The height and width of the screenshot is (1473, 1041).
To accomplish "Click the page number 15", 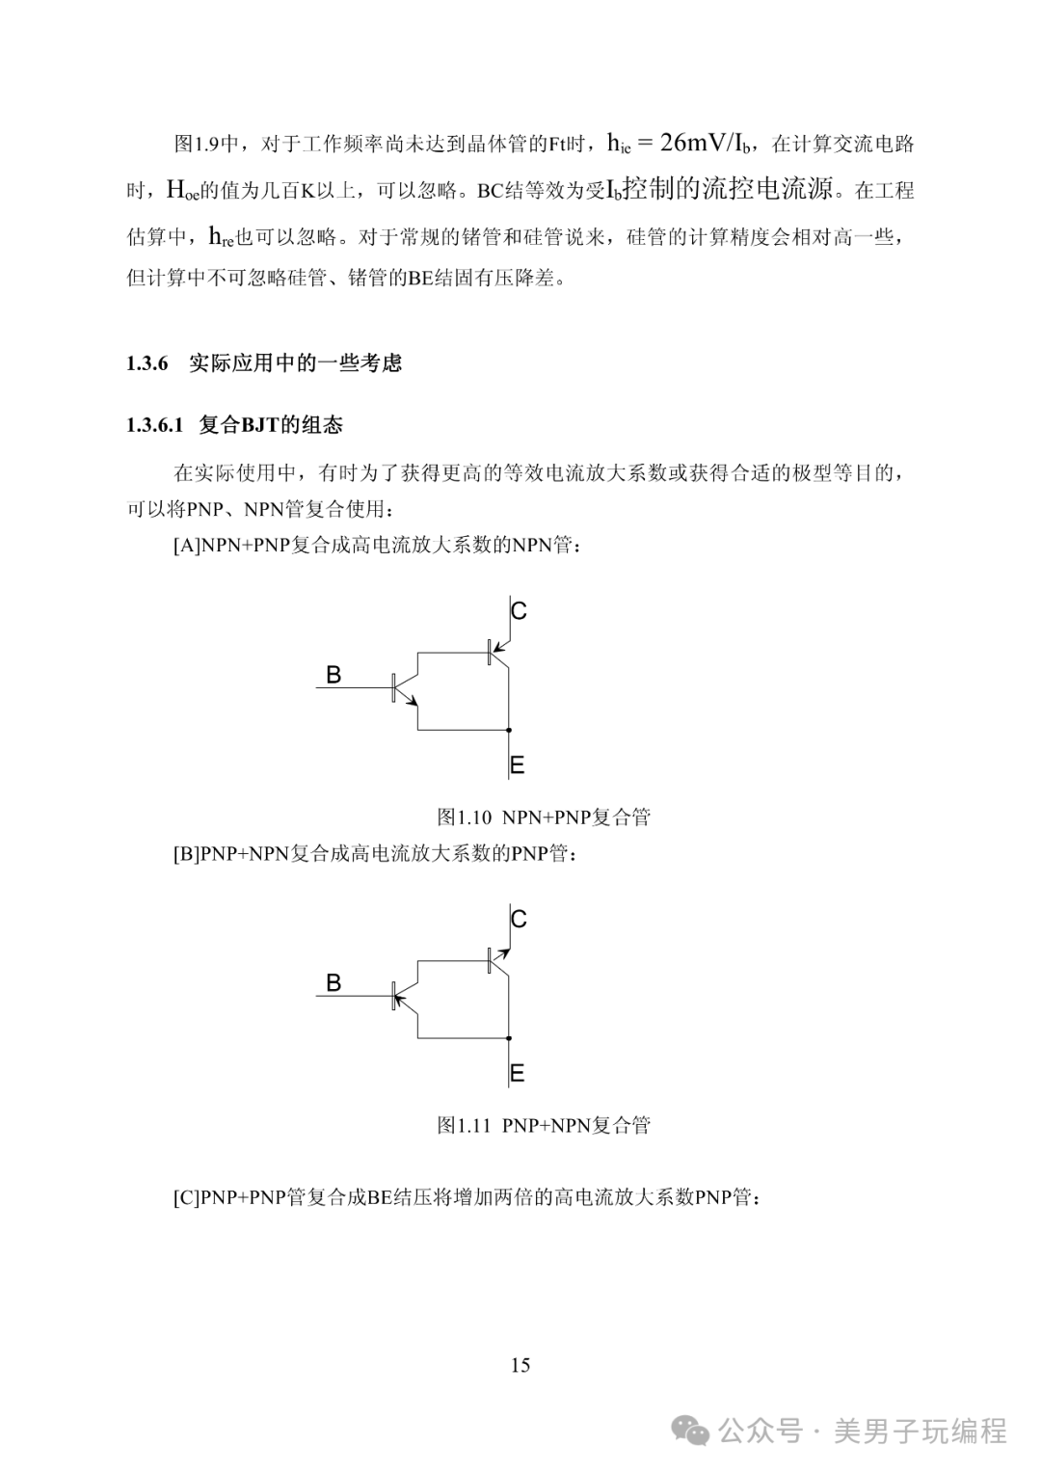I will tap(520, 1365).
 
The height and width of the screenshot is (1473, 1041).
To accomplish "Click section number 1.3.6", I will tap(147, 363).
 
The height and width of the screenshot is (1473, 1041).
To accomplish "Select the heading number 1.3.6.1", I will tap(154, 425).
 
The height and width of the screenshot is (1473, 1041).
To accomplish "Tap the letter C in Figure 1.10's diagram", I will tap(519, 611).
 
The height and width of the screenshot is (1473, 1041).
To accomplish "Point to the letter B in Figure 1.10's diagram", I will tap(334, 675).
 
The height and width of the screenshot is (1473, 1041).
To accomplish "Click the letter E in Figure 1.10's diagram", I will tap(518, 766).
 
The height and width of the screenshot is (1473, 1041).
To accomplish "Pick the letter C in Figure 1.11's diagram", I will tap(519, 920).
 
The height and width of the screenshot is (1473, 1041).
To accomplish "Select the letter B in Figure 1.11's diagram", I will tap(334, 983).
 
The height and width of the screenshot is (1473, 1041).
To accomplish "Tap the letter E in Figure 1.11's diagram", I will tap(518, 1074).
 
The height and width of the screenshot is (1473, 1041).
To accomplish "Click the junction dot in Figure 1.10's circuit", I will tap(508, 731).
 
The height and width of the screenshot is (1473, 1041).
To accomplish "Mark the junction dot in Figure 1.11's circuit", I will tap(508, 1038).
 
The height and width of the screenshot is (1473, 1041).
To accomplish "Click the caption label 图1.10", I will tap(465, 817).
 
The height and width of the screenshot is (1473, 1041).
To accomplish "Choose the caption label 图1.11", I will tap(465, 1125).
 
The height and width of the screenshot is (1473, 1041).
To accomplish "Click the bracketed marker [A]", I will tap(187, 546).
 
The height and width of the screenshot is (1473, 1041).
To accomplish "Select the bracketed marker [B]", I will tap(187, 854).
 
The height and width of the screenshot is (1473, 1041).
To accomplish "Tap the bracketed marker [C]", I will tap(187, 1198).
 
